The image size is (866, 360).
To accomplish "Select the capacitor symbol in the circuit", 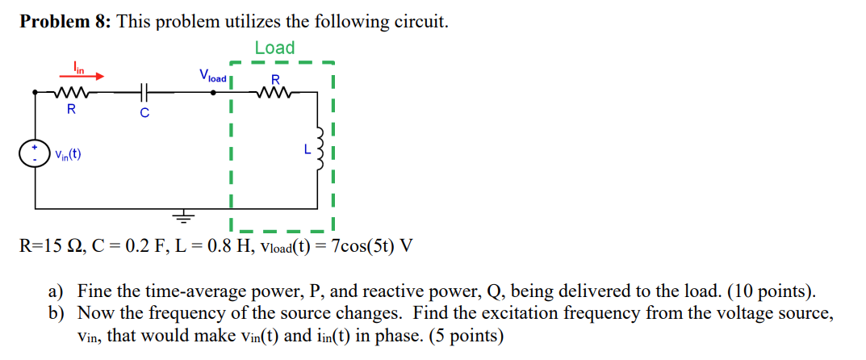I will click(144, 93).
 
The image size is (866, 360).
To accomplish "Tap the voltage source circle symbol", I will click(35, 154).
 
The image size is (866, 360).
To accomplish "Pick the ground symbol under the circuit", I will click(185, 216).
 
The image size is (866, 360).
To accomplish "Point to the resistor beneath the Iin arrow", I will click(71, 93).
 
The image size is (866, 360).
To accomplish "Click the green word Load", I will click(274, 48).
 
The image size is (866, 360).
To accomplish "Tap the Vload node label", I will click(213, 77).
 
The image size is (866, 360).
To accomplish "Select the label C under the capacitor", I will click(144, 113).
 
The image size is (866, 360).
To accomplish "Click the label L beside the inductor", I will click(307, 149).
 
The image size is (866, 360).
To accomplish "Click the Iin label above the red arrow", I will click(78, 65).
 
